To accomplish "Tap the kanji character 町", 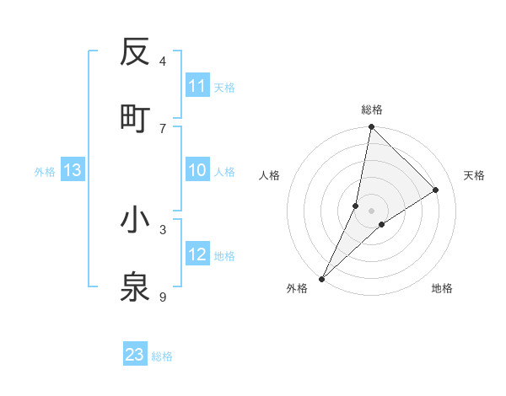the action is [135, 118].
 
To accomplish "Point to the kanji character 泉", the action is [135, 286].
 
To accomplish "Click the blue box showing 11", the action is [197, 86].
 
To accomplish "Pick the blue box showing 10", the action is [197, 171].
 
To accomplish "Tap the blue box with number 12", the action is [197, 255].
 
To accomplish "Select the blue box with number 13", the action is [73, 171].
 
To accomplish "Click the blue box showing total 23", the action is [135, 355].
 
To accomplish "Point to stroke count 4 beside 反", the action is [163, 62].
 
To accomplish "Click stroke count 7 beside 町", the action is [163, 128].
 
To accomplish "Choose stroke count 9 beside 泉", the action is [163, 297].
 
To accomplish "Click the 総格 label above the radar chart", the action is [371, 110].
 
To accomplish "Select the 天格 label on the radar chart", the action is [474, 175].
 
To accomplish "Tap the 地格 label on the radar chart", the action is [442, 289].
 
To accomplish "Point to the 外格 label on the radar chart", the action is [297, 289].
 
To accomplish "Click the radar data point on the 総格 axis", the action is [371, 126].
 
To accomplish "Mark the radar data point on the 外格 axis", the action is [321, 278].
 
